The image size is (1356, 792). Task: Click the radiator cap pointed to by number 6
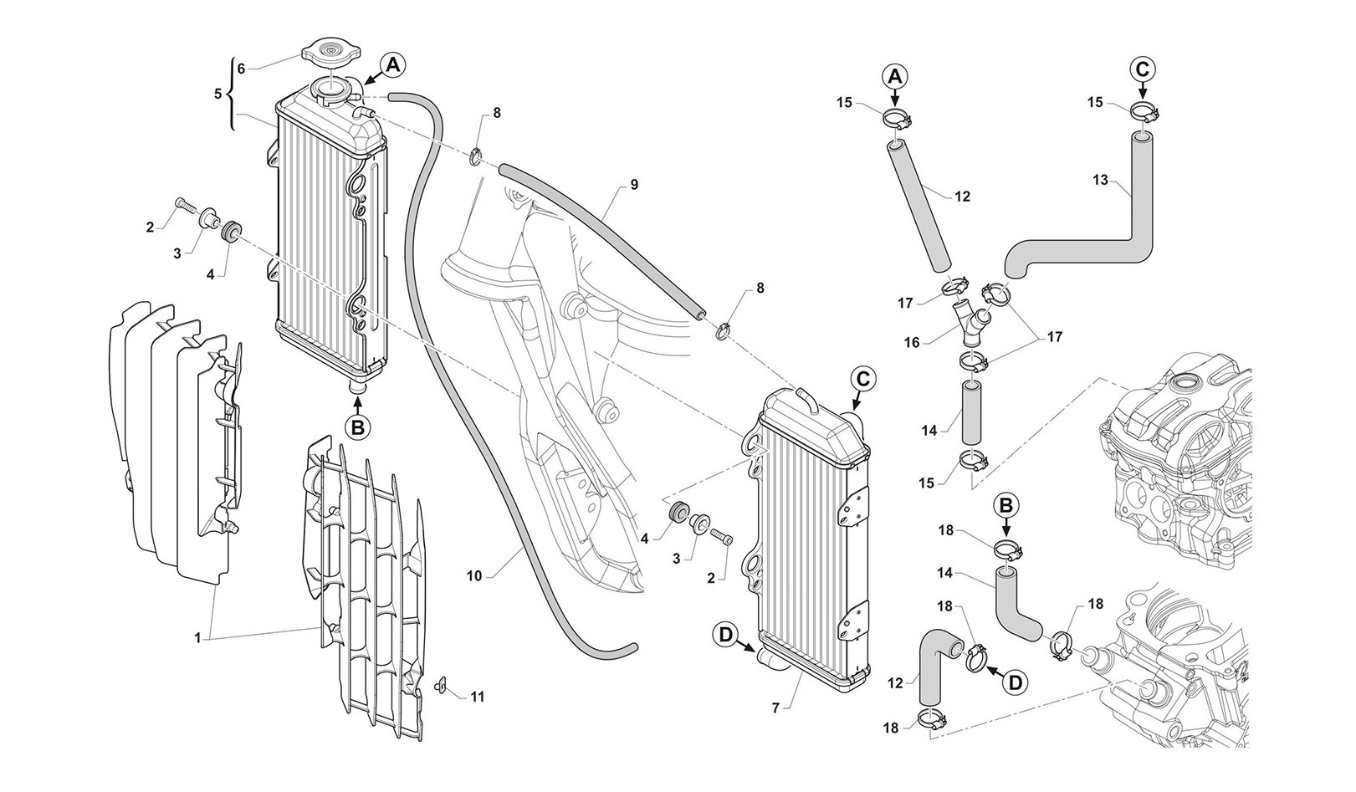[x=331, y=56]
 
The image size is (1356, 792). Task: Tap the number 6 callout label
[x=241, y=69]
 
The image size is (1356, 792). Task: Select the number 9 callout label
[x=634, y=185]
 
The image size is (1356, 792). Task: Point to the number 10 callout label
[x=474, y=575]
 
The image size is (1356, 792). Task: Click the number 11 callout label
[x=477, y=696]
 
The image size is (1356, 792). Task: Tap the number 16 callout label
[x=912, y=342]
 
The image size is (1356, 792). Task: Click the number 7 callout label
[x=775, y=708]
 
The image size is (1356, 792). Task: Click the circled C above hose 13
[x=1144, y=69]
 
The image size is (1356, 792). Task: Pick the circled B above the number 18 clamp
[x=1006, y=505]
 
